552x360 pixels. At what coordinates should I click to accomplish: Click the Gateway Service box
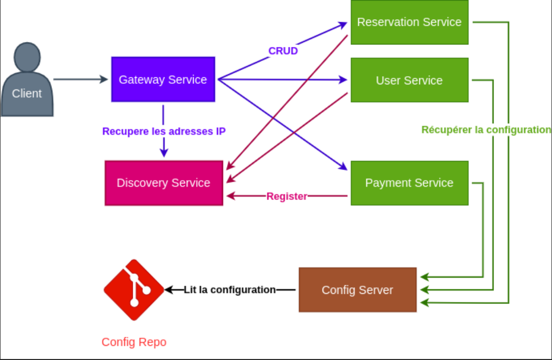tap(163, 79)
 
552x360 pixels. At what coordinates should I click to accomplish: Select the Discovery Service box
tap(163, 183)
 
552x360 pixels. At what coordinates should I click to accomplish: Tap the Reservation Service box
tap(409, 22)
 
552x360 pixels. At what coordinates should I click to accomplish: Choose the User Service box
tap(409, 80)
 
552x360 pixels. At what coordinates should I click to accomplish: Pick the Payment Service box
tap(409, 183)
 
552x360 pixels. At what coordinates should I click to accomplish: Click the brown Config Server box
tap(357, 290)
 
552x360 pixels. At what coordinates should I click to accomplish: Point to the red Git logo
tap(134, 290)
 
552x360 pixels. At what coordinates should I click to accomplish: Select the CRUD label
tap(283, 51)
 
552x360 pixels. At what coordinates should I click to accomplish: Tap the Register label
tap(287, 196)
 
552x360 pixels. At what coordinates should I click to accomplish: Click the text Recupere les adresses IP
tap(163, 131)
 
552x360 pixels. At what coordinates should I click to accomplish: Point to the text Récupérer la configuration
tap(486, 130)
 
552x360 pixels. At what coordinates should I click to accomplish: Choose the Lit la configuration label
tap(230, 290)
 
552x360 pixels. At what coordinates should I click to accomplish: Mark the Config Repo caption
tap(134, 342)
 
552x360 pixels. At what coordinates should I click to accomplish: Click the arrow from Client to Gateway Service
tap(81, 79)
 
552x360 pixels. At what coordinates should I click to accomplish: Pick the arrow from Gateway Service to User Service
tap(283, 80)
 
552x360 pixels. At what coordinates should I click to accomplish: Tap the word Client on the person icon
tap(27, 93)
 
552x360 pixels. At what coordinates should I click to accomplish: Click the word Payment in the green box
tap(384, 183)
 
